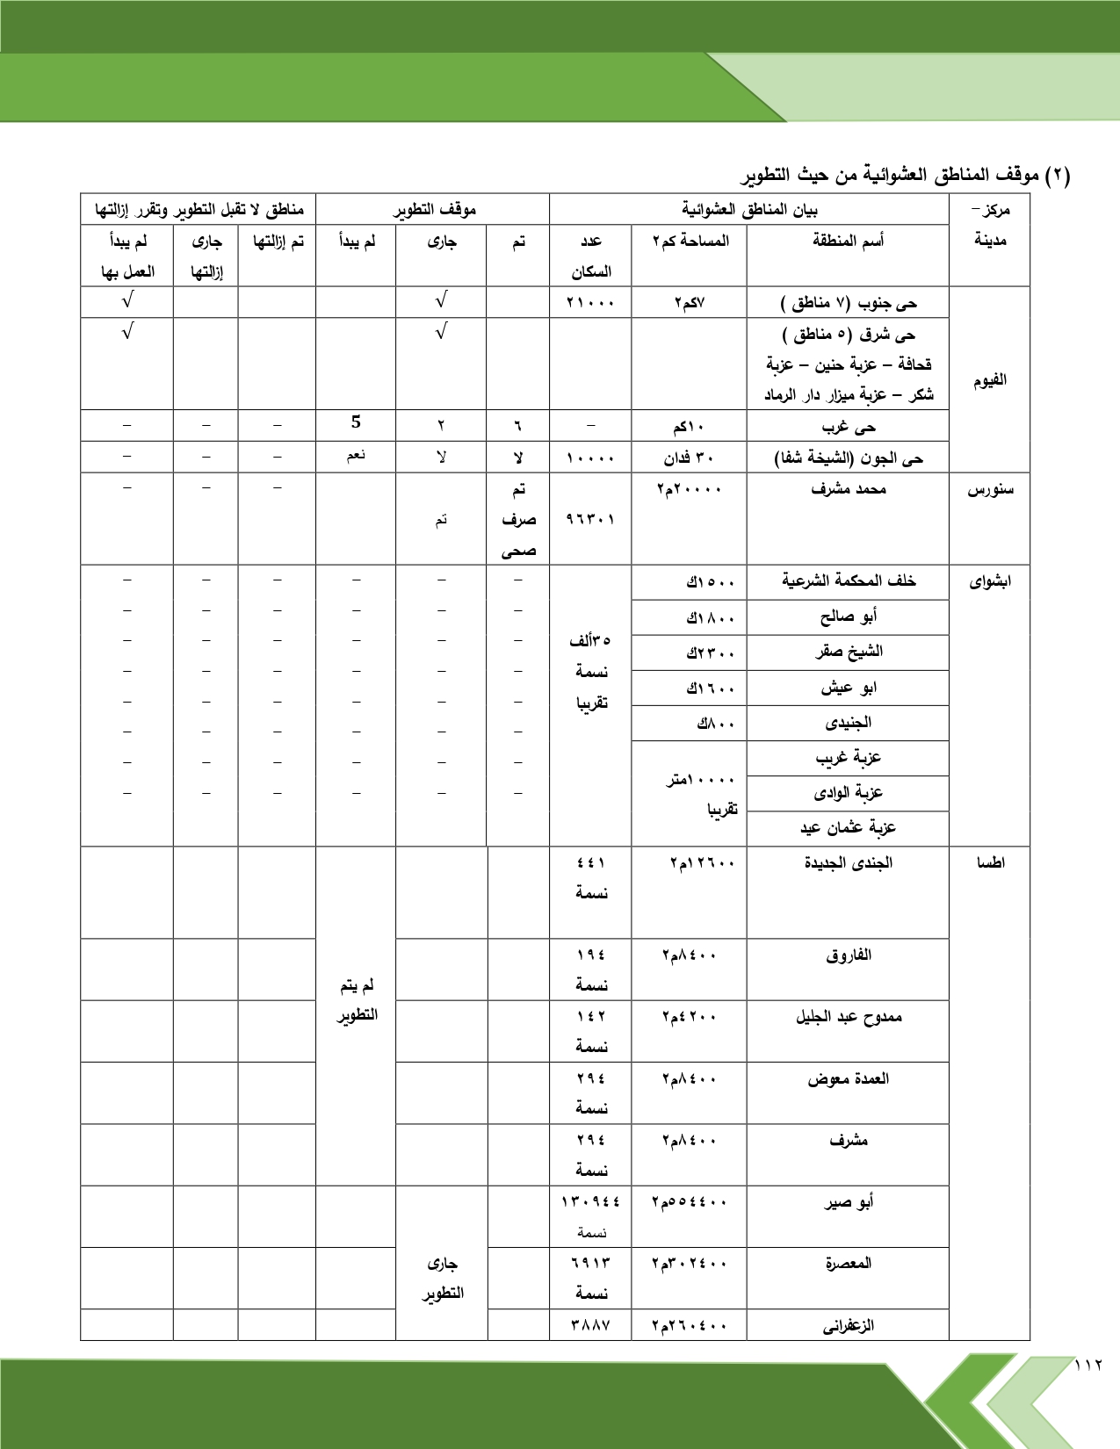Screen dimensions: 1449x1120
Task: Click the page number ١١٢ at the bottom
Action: click(x=1088, y=1365)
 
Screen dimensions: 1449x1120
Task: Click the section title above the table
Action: click(x=905, y=175)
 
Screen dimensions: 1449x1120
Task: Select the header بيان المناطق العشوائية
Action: click(x=749, y=210)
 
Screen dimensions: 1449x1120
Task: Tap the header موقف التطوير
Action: click(x=433, y=210)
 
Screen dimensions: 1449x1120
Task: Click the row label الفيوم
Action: click(x=989, y=380)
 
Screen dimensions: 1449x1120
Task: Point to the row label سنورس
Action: click(x=989, y=490)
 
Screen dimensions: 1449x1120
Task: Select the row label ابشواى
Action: click(x=989, y=581)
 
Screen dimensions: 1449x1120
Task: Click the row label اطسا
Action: click(x=989, y=862)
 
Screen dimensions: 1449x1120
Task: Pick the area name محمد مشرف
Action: click(x=848, y=489)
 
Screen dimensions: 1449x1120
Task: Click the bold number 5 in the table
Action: click(x=356, y=422)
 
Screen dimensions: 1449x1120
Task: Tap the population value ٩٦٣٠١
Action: click(x=590, y=519)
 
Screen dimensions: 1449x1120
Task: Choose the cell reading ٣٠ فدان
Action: click(x=689, y=458)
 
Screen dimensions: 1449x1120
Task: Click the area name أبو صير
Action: click(x=848, y=1202)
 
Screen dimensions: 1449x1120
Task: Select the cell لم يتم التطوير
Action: click(x=357, y=1000)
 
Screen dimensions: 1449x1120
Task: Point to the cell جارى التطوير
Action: click(x=441, y=1278)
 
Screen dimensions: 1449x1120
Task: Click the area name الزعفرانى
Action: click(x=848, y=1325)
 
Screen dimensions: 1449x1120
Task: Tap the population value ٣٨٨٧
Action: click(x=590, y=1325)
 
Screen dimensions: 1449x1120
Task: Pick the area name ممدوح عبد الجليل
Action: click(x=848, y=1017)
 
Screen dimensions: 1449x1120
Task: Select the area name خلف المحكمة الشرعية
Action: click(x=848, y=581)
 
